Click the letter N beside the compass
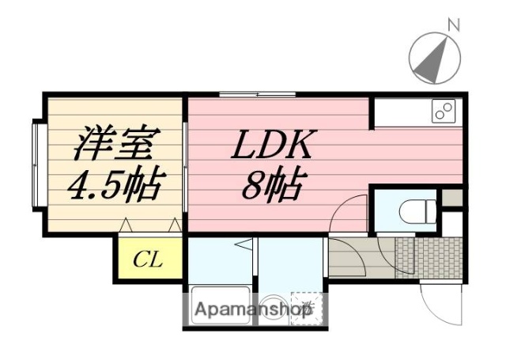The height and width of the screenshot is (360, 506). point(453,25)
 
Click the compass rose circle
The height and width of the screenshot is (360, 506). point(434,57)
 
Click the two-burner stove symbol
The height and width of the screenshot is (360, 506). point(444,111)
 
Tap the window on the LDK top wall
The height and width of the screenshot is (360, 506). point(256,95)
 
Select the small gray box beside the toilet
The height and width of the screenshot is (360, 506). point(452,198)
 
